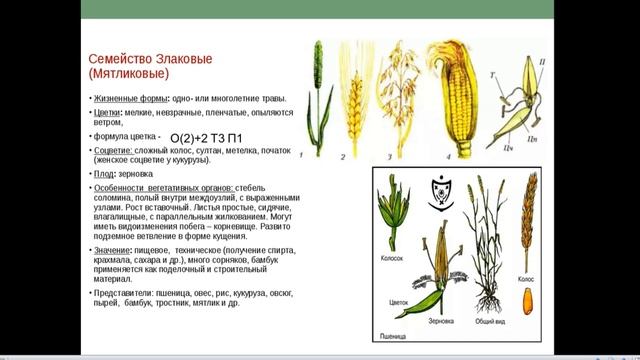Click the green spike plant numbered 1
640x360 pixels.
pyautogui.click(x=318, y=95)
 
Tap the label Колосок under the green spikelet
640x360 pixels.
pyautogui.click(x=392, y=258)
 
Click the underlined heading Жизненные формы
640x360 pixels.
pyautogui.click(x=129, y=98)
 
